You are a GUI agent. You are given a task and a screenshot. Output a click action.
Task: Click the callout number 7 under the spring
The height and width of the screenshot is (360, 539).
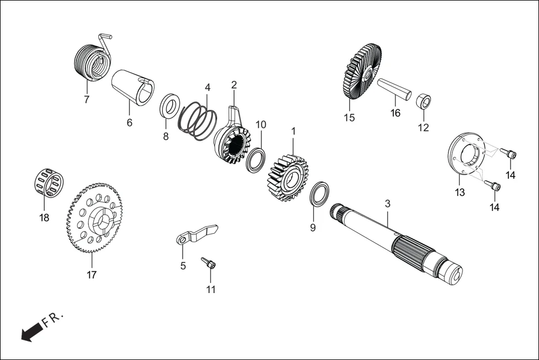pyautogui.click(x=87, y=100)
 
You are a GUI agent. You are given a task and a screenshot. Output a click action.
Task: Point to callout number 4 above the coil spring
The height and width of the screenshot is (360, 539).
pyautogui.click(x=208, y=88)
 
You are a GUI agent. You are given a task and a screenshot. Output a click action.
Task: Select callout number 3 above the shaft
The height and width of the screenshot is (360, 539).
pyautogui.click(x=388, y=204)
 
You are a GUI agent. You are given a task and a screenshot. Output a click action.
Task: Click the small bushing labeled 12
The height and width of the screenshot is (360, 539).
pyautogui.click(x=424, y=102)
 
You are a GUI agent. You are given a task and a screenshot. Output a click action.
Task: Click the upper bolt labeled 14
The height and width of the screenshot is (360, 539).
pyautogui.click(x=509, y=153)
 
